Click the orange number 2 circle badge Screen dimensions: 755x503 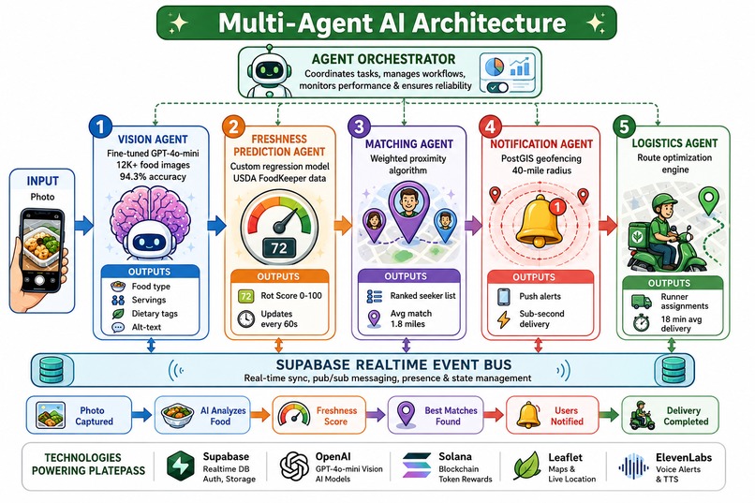click(x=233, y=126)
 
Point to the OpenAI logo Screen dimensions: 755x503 click(x=294, y=466)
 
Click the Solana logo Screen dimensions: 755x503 click(x=417, y=466)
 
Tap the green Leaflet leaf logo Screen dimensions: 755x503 click(x=526, y=466)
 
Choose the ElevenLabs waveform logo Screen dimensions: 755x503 click(x=633, y=466)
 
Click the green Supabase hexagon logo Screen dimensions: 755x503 click(x=181, y=466)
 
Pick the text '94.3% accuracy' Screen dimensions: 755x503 click(x=153, y=177)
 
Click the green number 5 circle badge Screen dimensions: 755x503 click(x=625, y=126)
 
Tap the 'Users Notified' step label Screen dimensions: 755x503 click(x=567, y=416)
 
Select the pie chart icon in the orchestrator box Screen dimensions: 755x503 click(x=495, y=67)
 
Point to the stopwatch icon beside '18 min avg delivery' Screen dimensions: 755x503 click(x=641, y=322)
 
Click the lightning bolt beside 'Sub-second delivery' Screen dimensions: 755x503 click(x=504, y=319)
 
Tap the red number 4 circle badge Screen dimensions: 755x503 click(x=490, y=126)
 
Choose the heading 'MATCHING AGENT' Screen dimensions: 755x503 click(x=408, y=144)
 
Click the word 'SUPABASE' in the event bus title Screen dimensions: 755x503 click(x=315, y=364)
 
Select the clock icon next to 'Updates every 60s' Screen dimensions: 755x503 click(x=246, y=319)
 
